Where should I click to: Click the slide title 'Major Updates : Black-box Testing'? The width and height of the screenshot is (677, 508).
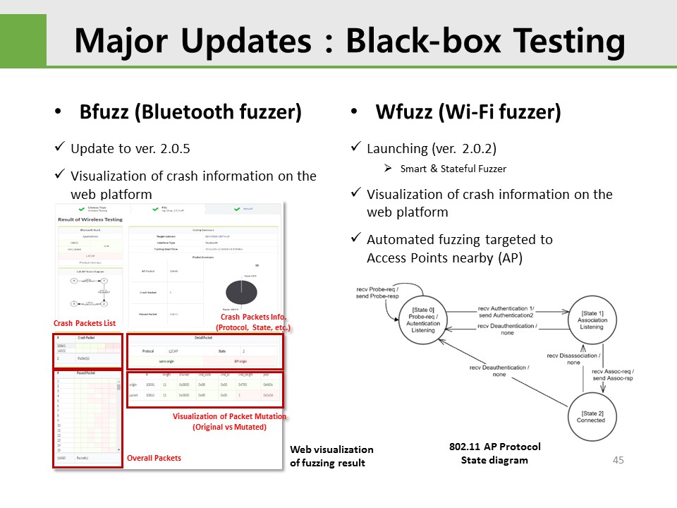(349, 41)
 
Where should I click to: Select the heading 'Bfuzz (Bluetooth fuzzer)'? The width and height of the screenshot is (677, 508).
(190, 111)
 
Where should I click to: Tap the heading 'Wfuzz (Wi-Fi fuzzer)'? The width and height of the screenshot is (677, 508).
(468, 111)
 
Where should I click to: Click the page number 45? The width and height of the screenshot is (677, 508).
(618, 460)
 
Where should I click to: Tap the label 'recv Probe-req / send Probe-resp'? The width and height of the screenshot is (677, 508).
(377, 292)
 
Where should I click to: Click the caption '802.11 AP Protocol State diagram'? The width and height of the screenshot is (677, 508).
(494, 453)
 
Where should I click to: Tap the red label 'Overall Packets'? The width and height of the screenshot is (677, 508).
(154, 458)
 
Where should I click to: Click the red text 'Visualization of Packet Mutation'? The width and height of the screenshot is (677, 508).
(229, 416)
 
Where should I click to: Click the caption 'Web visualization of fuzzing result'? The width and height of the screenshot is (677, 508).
(331, 456)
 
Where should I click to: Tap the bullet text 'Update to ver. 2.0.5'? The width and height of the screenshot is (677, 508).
(130, 149)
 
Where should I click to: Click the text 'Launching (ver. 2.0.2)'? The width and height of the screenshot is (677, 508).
(432, 149)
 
